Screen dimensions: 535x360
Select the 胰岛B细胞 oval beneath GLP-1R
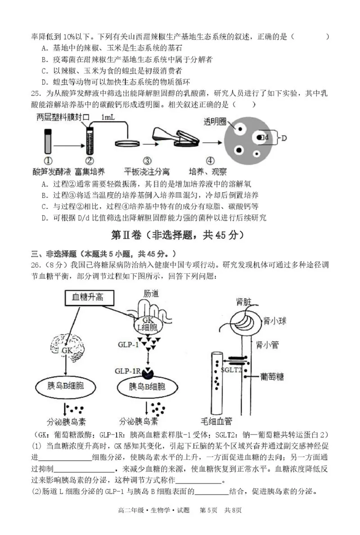pyautogui.click(x=147, y=387)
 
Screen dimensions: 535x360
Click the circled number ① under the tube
pyautogui.click(x=48, y=161)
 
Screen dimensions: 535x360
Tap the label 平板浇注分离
pyautogui.click(x=147, y=172)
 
